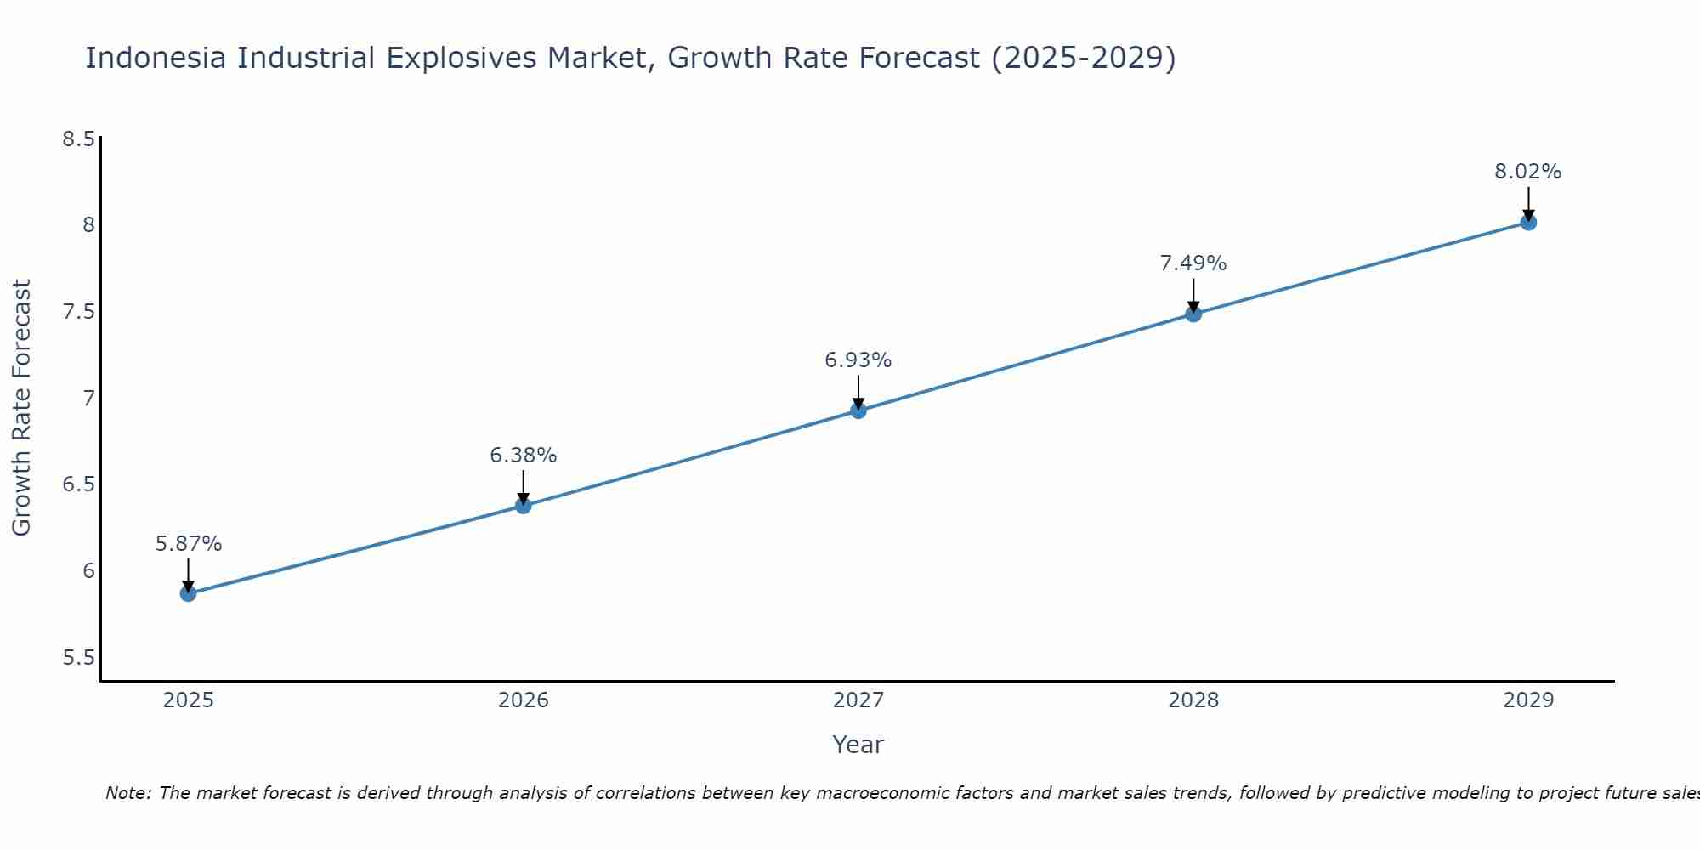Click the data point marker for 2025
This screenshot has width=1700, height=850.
tap(188, 593)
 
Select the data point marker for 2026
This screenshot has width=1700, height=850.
tap(524, 506)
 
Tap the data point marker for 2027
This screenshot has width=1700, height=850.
tap(858, 411)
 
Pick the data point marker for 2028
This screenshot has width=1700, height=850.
tap(1193, 314)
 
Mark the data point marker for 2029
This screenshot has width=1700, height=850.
tap(1528, 223)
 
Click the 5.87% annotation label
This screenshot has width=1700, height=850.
tap(189, 543)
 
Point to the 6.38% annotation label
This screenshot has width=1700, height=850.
tap(524, 456)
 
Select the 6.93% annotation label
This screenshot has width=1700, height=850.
tap(858, 360)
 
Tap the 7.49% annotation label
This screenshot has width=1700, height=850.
tap(1193, 263)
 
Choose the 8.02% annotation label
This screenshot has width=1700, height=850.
tap(1528, 172)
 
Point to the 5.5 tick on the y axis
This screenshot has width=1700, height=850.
tap(78, 658)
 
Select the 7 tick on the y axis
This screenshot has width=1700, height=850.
tap(88, 399)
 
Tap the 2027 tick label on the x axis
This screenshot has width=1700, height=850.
tap(858, 700)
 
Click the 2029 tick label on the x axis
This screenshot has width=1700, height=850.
tap(1528, 700)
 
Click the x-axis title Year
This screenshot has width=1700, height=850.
tap(858, 745)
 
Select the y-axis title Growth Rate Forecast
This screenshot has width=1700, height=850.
tap(22, 408)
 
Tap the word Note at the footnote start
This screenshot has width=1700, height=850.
tap(127, 793)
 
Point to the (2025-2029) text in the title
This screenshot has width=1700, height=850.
tap(1084, 58)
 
